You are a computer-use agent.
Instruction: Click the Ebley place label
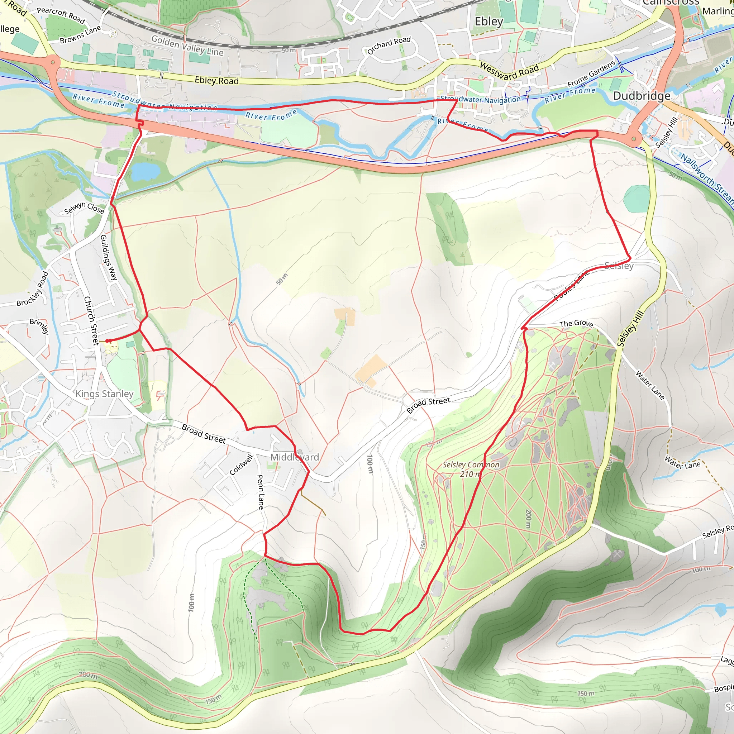coord(488,22)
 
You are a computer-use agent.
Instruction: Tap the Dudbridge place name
coord(642,96)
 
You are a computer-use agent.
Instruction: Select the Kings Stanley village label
coord(105,394)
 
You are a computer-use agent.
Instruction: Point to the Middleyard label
coord(295,457)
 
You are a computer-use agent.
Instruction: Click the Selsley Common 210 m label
coord(471,469)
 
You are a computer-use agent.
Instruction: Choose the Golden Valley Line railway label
coord(187,45)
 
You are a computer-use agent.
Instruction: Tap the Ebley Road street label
coord(216,80)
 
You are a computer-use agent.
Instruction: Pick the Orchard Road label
coord(389,45)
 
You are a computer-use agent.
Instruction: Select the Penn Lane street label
coord(261,492)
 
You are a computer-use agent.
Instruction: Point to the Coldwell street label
coord(241,464)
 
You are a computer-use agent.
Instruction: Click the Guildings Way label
coord(108,257)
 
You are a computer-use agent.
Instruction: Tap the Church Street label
coord(91,320)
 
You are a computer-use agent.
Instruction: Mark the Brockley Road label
coord(33,289)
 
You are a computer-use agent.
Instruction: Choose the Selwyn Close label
coord(84,208)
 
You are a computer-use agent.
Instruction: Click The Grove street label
coord(576,323)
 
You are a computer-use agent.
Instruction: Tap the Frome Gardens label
coord(591,73)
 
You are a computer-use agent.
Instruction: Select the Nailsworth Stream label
coord(707,178)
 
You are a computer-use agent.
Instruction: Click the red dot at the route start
coord(108,341)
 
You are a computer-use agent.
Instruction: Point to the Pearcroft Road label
coord(61,15)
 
